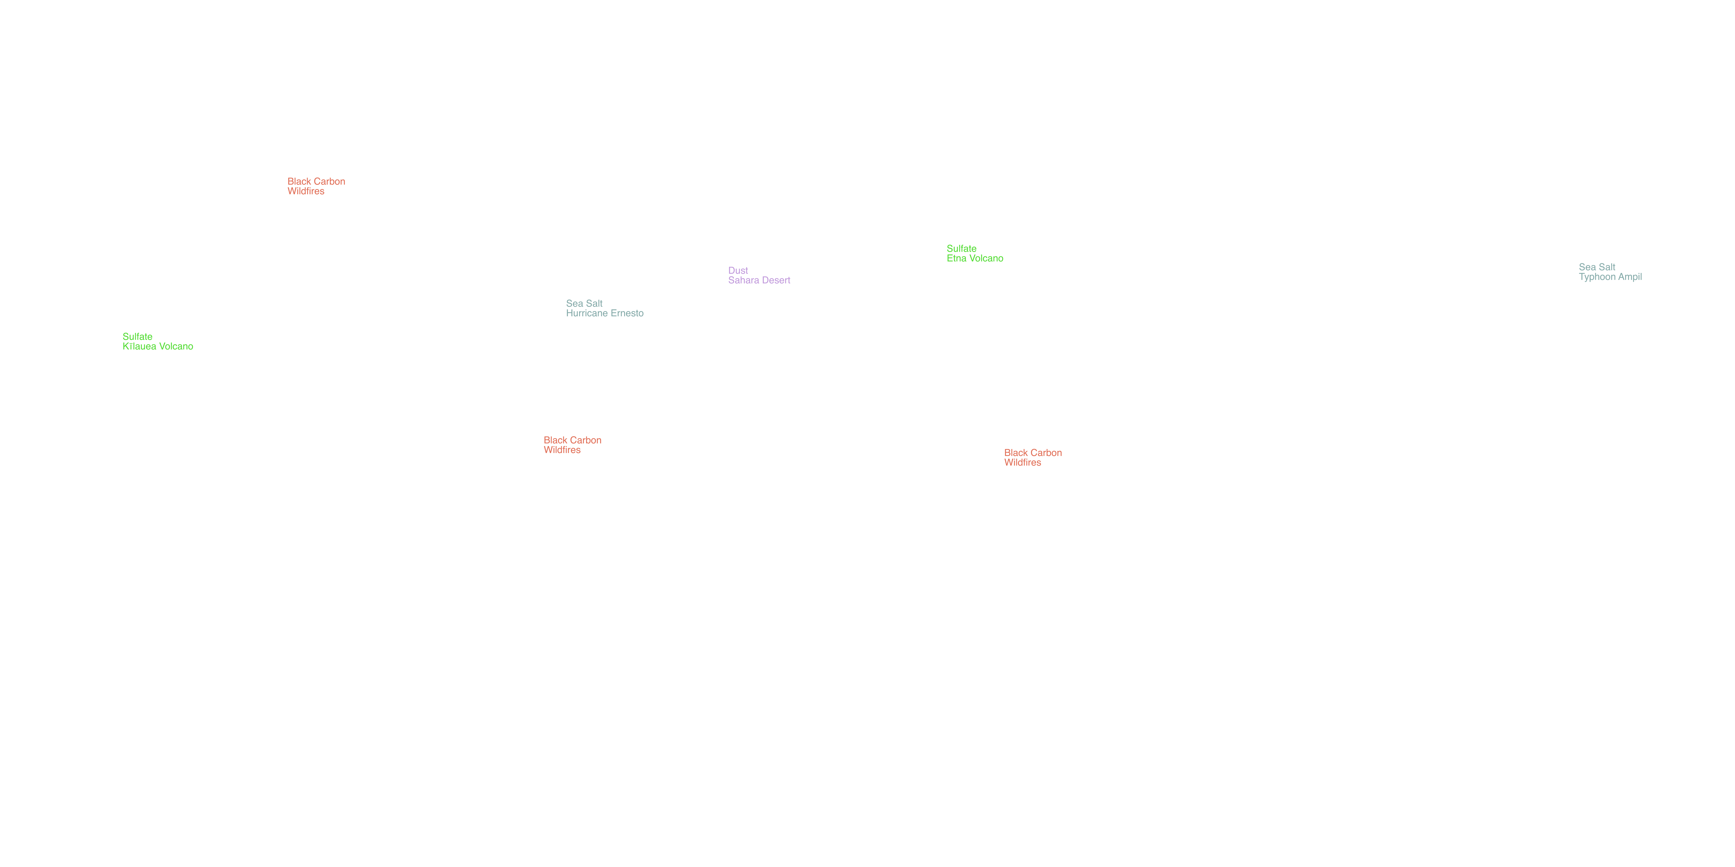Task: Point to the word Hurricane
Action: point(587,313)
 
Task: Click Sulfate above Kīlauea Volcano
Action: point(137,337)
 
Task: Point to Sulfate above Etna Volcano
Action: point(962,248)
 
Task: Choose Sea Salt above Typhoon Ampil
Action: point(1597,267)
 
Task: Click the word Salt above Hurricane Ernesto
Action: point(594,304)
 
